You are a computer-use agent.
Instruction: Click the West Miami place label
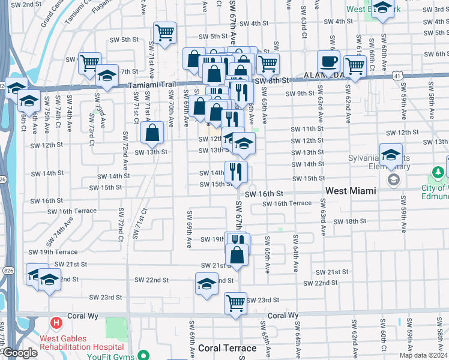(x=351, y=190)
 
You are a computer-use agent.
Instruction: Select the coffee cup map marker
(x=328, y=61)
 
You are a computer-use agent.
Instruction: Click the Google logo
(x=20, y=353)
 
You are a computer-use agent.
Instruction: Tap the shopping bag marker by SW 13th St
(x=153, y=133)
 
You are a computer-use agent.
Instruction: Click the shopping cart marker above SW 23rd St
(x=235, y=302)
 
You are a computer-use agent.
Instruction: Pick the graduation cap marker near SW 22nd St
(x=206, y=284)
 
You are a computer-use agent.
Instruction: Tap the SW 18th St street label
(x=351, y=221)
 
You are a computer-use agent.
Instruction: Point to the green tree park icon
(x=439, y=172)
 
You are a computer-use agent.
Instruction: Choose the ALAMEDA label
(x=324, y=76)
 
